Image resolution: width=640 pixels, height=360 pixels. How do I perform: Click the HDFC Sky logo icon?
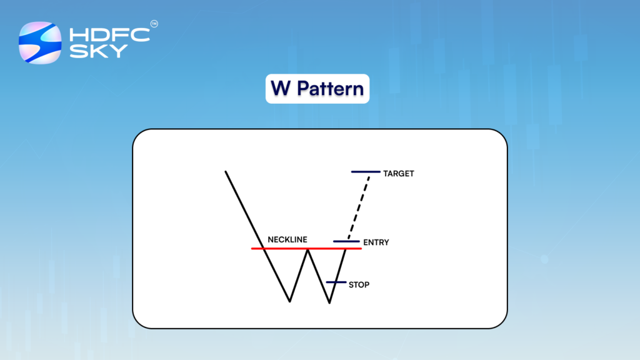point(40,42)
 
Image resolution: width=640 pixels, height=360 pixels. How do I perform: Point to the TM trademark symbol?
point(154,24)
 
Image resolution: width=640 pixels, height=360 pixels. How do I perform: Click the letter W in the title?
point(281,89)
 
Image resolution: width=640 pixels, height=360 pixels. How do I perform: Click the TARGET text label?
point(399,174)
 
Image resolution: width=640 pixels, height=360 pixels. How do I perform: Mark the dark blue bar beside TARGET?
point(365,171)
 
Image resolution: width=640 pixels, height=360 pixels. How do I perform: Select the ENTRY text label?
point(376,242)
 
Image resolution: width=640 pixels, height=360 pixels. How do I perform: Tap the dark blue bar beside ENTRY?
point(346,241)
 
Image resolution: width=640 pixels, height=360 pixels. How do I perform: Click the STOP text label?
point(359,285)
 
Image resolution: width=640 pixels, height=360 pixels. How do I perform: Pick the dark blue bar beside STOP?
point(336,282)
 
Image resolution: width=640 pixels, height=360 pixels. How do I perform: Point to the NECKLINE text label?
point(287,239)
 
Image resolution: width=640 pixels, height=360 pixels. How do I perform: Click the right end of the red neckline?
point(360,249)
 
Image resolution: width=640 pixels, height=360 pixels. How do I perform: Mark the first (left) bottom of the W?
point(290,301)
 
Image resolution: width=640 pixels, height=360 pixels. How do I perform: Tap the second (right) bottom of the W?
point(329,303)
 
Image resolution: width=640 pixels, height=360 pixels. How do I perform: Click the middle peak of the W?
point(307,249)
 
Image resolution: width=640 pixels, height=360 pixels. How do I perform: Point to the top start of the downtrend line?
point(226,171)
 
